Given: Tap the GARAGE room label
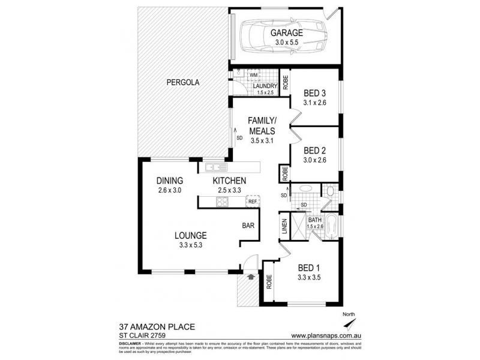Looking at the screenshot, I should click(x=286, y=33).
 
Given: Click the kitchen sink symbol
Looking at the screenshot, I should click(x=214, y=167).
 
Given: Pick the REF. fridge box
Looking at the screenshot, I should click(x=253, y=202).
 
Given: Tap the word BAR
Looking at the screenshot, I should click(x=248, y=226).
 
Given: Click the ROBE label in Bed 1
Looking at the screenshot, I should click(x=269, y=281).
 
